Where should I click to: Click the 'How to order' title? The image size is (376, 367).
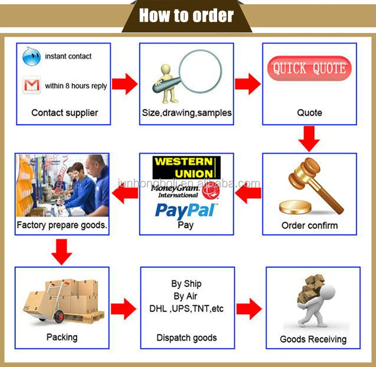pyautogui.click(x=187, y=16)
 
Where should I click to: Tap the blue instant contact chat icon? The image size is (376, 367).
pyautogui.click(x=31, y=57)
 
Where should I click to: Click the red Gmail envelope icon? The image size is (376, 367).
pyautogui.click(x=31, y=85)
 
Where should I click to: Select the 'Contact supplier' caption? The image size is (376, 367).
pyautogui.click(x=65, y=113)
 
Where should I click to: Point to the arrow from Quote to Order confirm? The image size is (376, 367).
pyautogui.click(x=309, y=137)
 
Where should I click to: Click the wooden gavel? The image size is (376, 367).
pyautogui.click(x=313, y=181)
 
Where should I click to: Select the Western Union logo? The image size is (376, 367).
pyautogui.click(x=186, y=168)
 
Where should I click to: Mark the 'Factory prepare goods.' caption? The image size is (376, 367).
pyautogui.click(x=62, y=225)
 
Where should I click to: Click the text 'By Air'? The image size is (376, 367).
pyautogui.click(x=186, y=296)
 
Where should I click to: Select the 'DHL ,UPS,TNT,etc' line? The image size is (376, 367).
pyautogui.click(x=186, y=310)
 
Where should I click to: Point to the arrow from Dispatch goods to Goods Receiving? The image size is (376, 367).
pyautogui.click(x=249, y=309)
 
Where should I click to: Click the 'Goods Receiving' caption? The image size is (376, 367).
pyautogui.click(x=313, y=339)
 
